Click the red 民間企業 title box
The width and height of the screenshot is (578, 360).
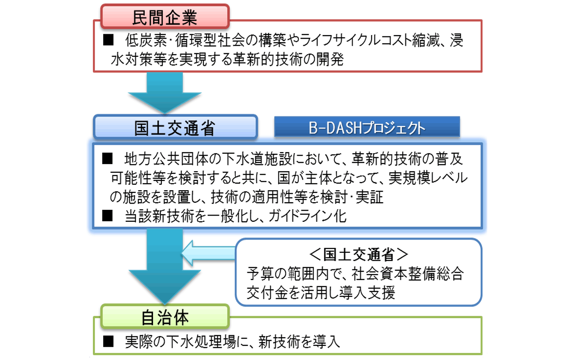(165, 17)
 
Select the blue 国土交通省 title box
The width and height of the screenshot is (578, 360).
(175, 128)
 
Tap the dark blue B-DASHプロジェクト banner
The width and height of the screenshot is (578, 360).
(367, 128)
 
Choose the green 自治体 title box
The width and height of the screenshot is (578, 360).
(165, 317)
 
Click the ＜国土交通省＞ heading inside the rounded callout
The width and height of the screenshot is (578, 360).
(358, 255)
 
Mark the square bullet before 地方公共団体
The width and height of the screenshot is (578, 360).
(108, 158)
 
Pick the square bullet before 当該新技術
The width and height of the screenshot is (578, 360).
(108, 216)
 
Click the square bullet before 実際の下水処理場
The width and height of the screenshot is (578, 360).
(108, 341)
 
